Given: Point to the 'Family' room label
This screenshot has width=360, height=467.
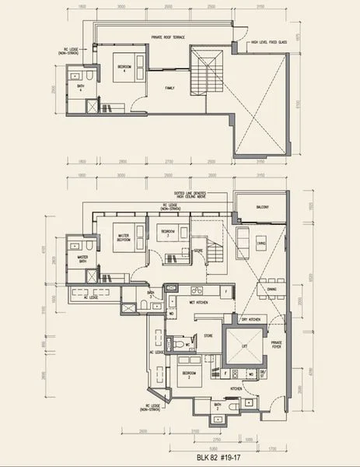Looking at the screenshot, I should point(170,88).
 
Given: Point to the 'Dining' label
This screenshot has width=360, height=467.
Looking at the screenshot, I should point(272,289).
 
